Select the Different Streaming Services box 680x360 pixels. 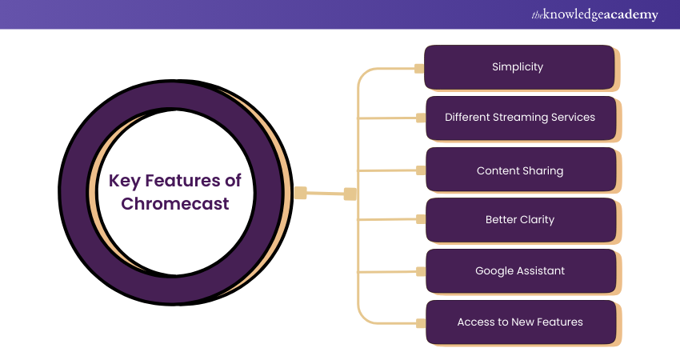coord(520,118)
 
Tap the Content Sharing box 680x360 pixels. coord(520,170)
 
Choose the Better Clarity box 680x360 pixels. coord(520,220)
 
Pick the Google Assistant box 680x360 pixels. coord(520,271)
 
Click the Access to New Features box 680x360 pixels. coord(520,322)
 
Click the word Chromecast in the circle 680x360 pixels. coord(175,204)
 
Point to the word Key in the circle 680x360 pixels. coord(126,181)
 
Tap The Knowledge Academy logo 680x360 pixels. coord(595,14)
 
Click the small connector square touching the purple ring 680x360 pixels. coord(300,192)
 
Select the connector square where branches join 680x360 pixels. coord(350,194)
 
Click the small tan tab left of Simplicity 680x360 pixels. coord(419,68)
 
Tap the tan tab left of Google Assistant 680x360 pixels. coord(419,272)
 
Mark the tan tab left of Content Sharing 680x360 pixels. coord(419,170)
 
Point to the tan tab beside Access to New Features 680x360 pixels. coord(419,323)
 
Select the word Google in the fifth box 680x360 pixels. coord(494,271)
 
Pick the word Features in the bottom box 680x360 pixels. coord(559,322)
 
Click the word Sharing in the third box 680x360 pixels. coord(542,170)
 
